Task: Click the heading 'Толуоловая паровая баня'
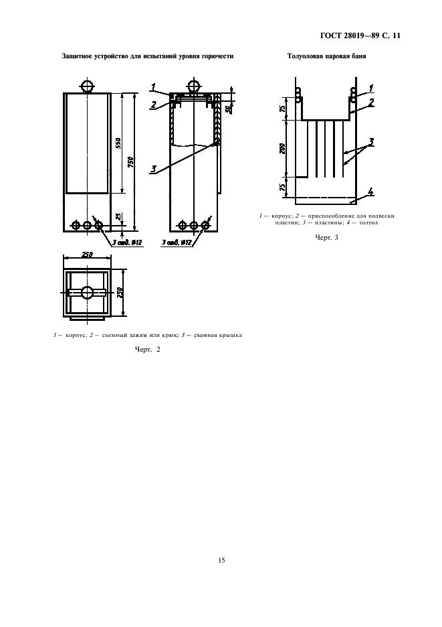(326, 56)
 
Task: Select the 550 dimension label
(118, 143)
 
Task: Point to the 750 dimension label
(130, 162)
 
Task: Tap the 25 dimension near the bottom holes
(118, 216)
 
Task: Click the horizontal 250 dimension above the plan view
(87, 255)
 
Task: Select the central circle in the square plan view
(87, 292)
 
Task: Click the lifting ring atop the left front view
(87, 86)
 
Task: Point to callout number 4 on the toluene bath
(371, 192)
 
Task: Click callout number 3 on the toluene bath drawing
(371, 142)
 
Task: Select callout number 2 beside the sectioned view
(154, 105)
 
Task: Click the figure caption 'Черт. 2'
(148, 350)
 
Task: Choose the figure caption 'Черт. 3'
(326, 238)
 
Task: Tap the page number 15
(221, 560)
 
